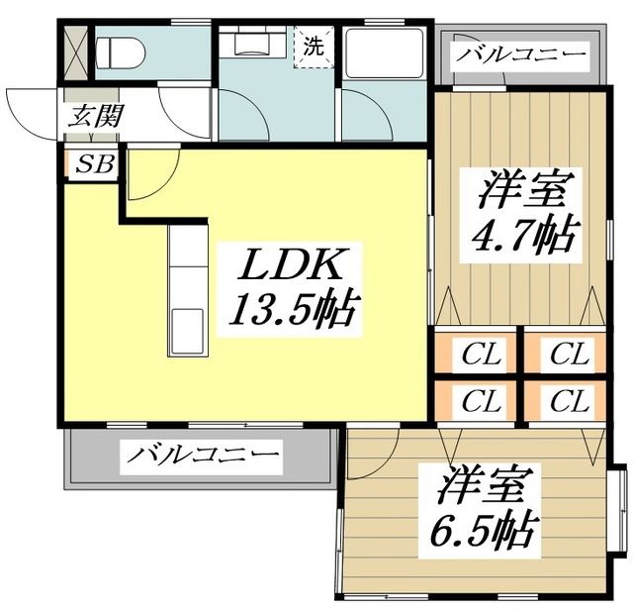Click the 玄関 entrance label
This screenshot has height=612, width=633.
pos(96,114)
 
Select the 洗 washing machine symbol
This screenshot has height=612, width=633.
pos(314,46)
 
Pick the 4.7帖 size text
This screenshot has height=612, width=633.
pos(515,237)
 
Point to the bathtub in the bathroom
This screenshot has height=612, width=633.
pos(385,54)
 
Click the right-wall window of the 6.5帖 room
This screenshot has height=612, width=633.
pos(620,505)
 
